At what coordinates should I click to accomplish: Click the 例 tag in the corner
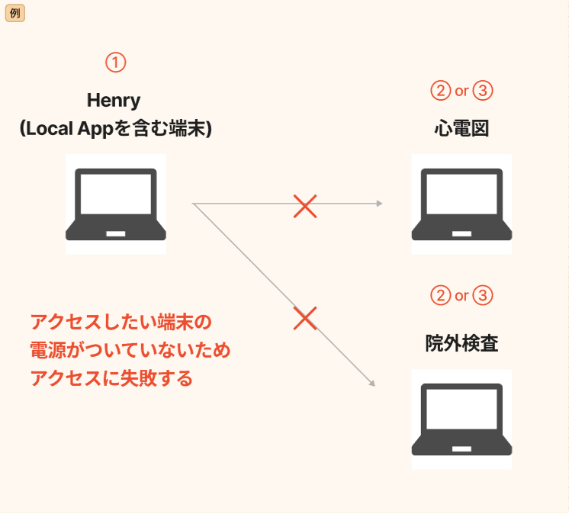15,14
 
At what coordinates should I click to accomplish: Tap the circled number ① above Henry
115,63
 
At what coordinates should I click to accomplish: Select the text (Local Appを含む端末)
115,129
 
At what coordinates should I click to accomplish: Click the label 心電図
461,128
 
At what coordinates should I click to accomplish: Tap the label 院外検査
461,344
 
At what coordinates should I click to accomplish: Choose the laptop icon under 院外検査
461,419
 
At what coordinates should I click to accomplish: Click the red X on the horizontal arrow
305,206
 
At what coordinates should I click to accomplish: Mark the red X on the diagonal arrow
305,319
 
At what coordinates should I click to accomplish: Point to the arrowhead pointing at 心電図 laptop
379,204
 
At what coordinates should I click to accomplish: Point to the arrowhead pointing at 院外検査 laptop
372,384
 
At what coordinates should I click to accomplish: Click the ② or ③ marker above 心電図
461,91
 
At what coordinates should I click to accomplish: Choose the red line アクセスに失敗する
111,378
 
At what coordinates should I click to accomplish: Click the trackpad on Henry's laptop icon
115,232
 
